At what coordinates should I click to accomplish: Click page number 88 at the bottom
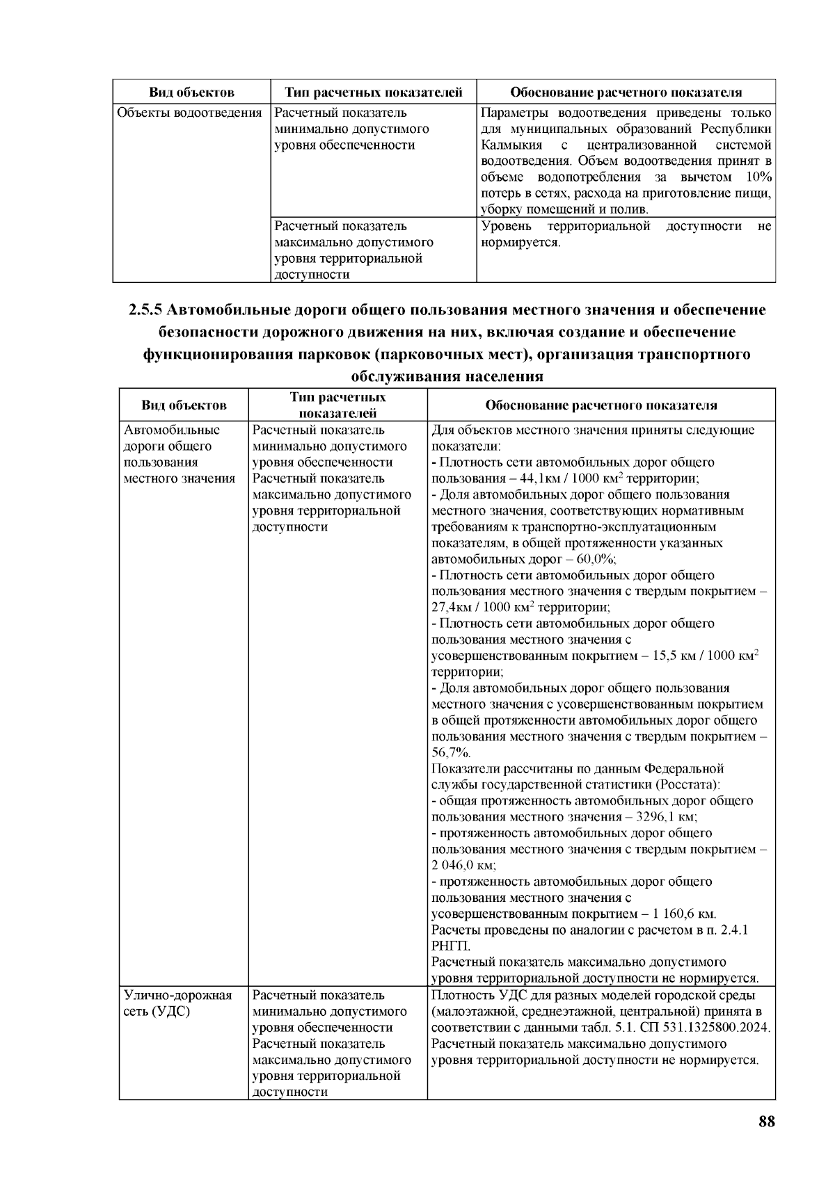766,1122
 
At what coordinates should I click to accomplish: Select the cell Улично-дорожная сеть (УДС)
177,1003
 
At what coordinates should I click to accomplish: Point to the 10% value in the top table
757,177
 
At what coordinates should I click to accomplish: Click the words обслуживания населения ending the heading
446,378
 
